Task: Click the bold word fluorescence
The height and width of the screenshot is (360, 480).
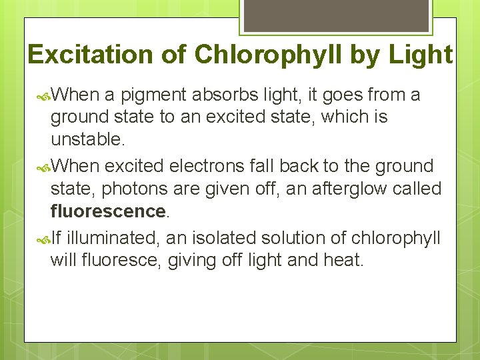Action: (107, 212)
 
